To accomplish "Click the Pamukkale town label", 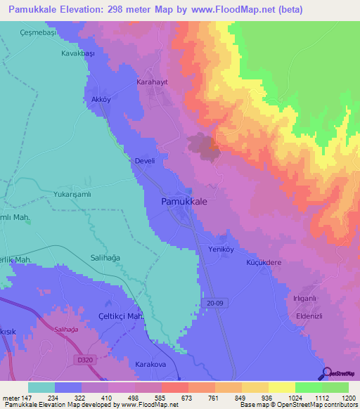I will (180, 201).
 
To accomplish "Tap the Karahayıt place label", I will (153, 82).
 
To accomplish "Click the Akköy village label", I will (101, 100).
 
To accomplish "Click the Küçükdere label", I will (264, 262).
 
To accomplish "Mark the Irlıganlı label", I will (307, 298).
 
